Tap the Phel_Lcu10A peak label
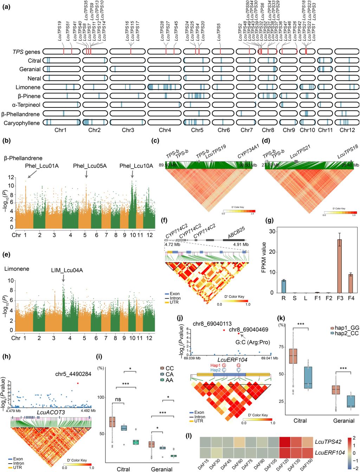(136, 166)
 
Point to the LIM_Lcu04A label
(67, 270)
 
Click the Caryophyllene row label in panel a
(22, 123)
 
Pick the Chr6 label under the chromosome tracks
(224, 130)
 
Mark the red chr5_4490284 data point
(78, 383)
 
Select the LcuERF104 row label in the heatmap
(330, 453)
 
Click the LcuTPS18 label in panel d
(348, 151)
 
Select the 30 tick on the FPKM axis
(272, 231)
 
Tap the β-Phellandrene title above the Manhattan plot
(23, 158)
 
